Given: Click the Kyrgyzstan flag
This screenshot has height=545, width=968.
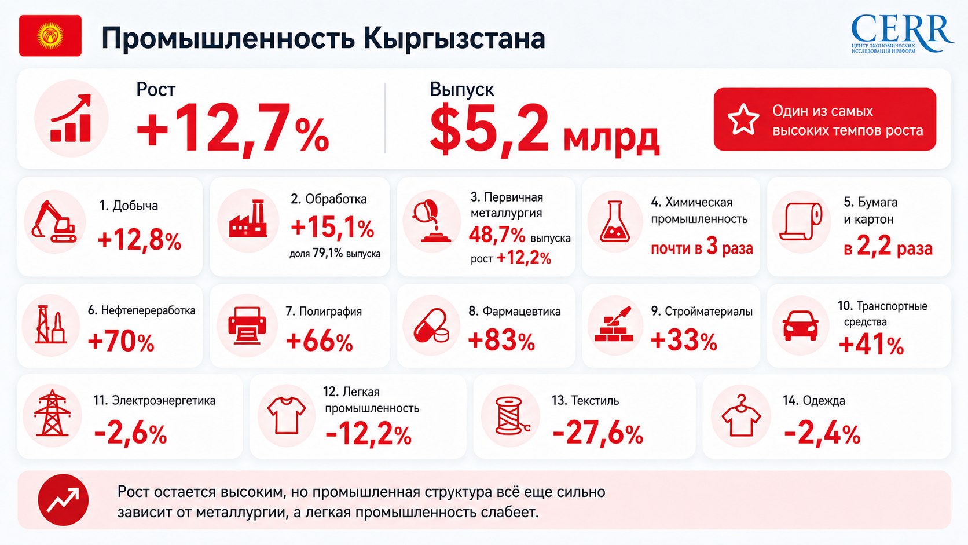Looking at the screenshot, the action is pyautogui.click(x=50, y=35).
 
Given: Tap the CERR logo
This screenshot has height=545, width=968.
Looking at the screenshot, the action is pyautogui.click(x=902, y=34).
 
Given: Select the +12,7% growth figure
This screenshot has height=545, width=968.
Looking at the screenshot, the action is pyautogui.click(x=233, y=128).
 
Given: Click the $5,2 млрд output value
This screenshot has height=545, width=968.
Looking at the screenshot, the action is pyautogui.click(x=544, y=129).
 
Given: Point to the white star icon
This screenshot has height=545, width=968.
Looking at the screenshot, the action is pyautogui.click(x=743, y=119).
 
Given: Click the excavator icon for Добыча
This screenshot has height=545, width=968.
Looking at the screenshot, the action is pyautogui.click(x=54, y=221).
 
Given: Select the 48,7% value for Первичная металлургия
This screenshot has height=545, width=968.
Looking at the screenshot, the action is pyautogui.click(x=497, y=236).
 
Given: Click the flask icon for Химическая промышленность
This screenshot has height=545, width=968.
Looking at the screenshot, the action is pyautogui.click(x=614, y=221).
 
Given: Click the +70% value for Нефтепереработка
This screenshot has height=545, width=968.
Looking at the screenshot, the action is pyautogui.click(x=121, y=342).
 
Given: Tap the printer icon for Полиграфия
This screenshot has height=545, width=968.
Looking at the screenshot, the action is pyautogui.click(x=247, y=325).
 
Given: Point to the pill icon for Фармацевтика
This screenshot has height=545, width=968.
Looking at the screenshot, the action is pyautogui.click(x=431, y=326).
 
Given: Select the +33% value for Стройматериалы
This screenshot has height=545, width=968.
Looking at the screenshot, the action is pyautogui.click(x=684, y=341).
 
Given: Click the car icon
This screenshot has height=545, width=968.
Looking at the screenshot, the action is pyautogui.click(x=801, y=325).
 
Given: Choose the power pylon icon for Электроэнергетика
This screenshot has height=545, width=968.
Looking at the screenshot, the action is pyautogui.click(x=52, y=413).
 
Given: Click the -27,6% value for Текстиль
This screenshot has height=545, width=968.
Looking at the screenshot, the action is pyautogui.click(x=597, y=433).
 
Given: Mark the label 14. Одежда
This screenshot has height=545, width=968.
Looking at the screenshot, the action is pyautogui.click(x=814, y=401).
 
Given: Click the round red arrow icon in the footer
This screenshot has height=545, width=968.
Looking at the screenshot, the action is pyautogui.click(x=63, y=500).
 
